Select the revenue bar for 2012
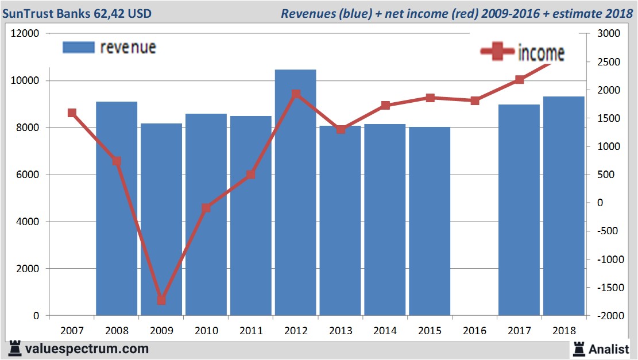(295, 192)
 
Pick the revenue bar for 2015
(430, 221)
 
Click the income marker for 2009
(161, 300)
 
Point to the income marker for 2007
(72, 113)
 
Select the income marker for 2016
(474, 101)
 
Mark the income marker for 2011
(250, 175)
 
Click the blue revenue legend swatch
(78, 48)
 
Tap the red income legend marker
(497, 52)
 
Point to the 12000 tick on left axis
(25, 34)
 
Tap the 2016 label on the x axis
(474, 331)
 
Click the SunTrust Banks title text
(78, 13)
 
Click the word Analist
(610, 349)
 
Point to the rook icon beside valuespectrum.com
(15, 349)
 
